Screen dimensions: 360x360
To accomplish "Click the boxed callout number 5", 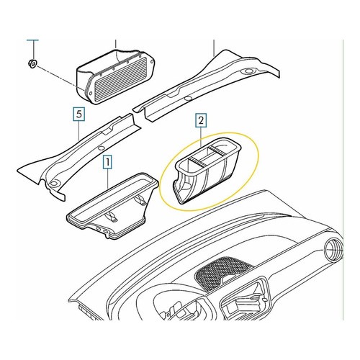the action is pos(79,114).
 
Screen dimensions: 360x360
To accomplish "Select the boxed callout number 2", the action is pos(201,120).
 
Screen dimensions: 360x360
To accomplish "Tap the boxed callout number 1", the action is pos(108,162).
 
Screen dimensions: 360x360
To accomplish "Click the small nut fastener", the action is pos(32,64).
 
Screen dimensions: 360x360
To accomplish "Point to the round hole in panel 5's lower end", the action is pos(55,184).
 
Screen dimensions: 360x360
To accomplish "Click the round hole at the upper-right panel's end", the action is pos(249,71).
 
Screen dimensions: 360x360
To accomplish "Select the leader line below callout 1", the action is pos(108,178).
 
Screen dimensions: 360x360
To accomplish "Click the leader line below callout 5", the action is pos(79,130).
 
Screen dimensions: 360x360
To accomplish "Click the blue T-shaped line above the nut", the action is pos(33,50).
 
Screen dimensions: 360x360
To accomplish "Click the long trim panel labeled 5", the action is pos(79,157).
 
